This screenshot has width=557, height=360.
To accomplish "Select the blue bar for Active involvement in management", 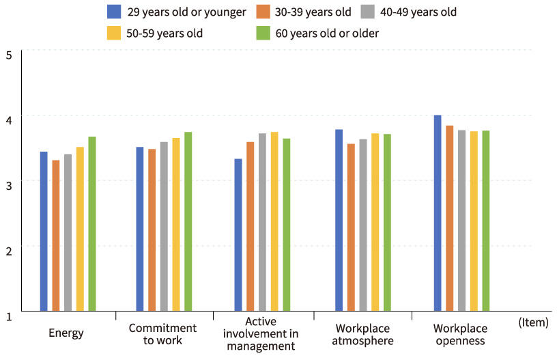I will [238, 235].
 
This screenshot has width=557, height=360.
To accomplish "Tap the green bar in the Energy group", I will [92, 224].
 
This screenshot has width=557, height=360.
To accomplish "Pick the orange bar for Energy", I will [56, 236].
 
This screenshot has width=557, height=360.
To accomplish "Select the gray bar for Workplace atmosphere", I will [363, 225].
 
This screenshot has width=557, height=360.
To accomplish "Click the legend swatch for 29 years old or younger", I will [114, 12].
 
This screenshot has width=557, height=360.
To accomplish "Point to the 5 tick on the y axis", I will [8, 54].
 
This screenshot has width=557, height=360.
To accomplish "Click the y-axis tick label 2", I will [8, 251].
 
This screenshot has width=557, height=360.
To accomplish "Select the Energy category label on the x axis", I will [66, 333].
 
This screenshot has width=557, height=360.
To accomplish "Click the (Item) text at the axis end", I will [533, 322].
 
